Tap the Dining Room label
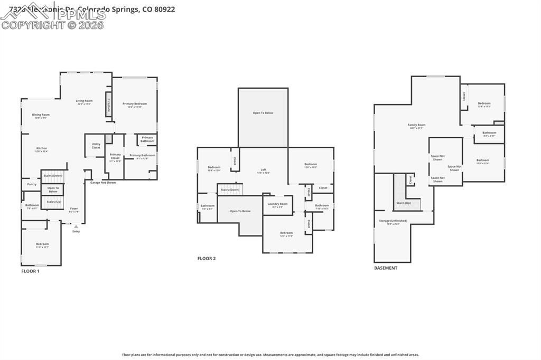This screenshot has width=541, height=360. [x=41, y=115]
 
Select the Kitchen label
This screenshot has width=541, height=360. [x=41, y=149]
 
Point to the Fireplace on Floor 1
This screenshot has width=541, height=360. [x=108, y=103]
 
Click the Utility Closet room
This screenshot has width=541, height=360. [x=96, y=145]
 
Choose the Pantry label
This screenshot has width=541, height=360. [x=32, y=184]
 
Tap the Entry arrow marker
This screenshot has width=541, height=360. [x=76, y=228]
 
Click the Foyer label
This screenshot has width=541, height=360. [x=74, y=209]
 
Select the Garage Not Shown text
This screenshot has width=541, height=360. [x=102, y=183]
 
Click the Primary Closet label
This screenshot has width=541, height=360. [x=115, y=156]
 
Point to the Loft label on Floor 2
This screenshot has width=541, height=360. [x=263, y=170]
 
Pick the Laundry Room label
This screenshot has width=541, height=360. [x=277, y=204]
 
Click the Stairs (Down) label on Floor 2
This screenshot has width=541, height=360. [x=230, y=190]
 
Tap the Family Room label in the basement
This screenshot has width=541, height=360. [x=417, y=126]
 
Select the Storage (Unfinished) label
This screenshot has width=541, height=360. [x=393, y=221]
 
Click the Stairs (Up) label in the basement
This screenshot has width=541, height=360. [x=404, y=203]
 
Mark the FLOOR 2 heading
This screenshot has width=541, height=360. [x=207, y=259]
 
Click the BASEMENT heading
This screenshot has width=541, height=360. [x=386, y=268]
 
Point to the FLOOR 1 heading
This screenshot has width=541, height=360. [x=30, y=271]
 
